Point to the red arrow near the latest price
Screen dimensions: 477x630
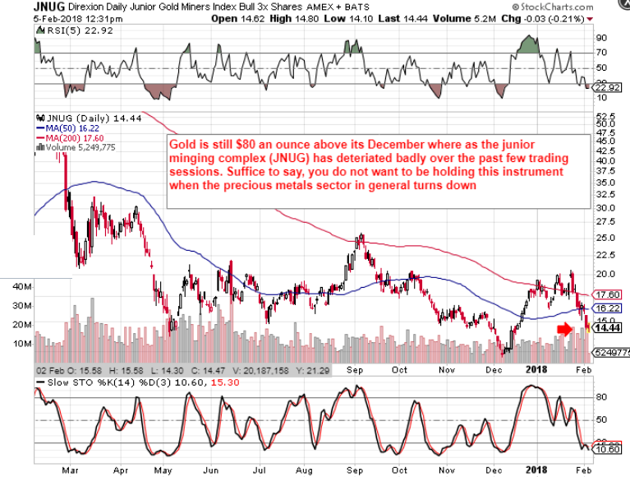[x=563, y=329]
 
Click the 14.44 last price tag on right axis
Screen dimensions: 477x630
[x=609, y=327]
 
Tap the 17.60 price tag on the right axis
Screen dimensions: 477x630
[x=609, y=294]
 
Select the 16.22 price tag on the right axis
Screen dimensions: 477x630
[x=609, y=308]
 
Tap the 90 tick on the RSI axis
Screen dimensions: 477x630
[x=601, y=38]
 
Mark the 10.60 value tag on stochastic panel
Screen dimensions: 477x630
[x=609, y=449]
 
